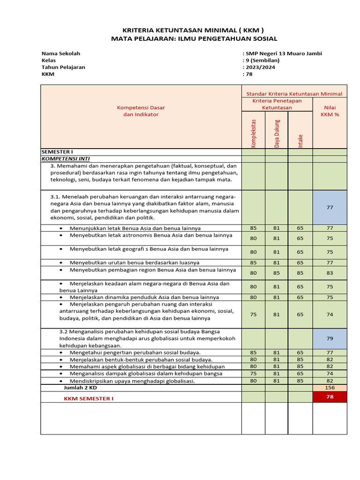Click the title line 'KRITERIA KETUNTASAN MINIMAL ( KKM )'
pyautogui.click(x=194, y=29)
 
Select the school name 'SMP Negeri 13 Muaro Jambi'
pyautogui.click(x=284, y=53)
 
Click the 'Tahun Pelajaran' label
pyautogui.click(x=63, y=67)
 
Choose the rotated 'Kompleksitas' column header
pyautogui.click(x=253, y=133)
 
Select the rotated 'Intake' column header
pyautogui.click(x=300, y=141)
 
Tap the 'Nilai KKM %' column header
pyautogui.click(x=330, y=111)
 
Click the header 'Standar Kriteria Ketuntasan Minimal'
pyautogui.click(x=294, y=94)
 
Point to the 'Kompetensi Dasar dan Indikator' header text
pyautogui.click(x=141, y=111)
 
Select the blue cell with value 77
pyautogui.click(x=330, y=207)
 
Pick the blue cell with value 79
pyautogui.click(x=330, y=338)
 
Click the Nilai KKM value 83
pyautogui.click(x=330, y=273)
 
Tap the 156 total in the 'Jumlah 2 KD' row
pyautogui.click(x=330, y=388)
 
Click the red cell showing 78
pyautogui.click(x=330, y=397)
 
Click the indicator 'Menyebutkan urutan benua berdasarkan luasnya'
pyautogui.click(x=135, y=262)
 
